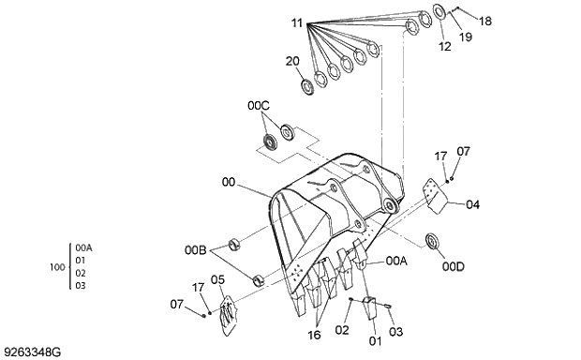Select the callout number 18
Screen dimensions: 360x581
click(484, 21)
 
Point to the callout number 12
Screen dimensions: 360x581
click(444, 45)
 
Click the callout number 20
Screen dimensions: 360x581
click(292, 61)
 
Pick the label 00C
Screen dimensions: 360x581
click(259, 108)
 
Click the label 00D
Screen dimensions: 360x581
click(454, 266)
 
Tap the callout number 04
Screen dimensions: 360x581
click(472, 203)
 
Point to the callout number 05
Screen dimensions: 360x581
click(216, 279)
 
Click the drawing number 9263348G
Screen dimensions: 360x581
click(33, 352)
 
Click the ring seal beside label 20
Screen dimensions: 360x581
click(307, 86)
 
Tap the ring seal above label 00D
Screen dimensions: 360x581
click(435, 241)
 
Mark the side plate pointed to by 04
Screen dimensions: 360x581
click(431, 195)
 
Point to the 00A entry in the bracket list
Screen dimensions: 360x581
click(83, 247)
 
